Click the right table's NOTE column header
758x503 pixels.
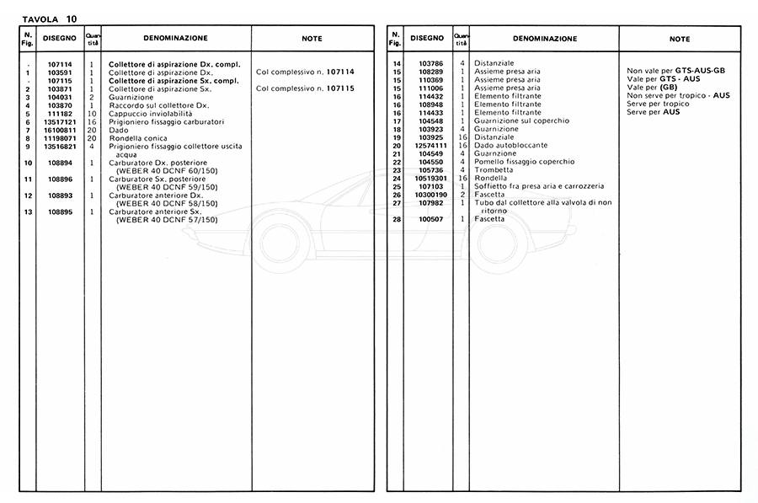coord(680,39)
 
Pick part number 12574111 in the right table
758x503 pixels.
coord(430,145)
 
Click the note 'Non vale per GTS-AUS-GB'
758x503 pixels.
coord(676,72)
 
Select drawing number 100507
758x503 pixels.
coord(430,219)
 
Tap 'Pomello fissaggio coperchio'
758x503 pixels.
coord(525,161)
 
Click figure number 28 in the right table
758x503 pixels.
coord(395,219)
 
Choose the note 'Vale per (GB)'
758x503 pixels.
coord(653,88)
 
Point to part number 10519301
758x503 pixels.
coord(430,178)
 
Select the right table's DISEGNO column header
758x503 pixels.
coord(427,39)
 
